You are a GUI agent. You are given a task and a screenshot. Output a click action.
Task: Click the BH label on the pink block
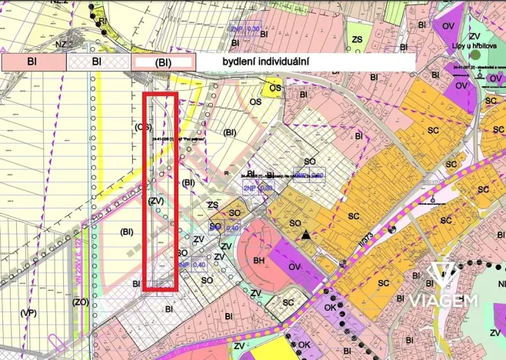coord(259,262)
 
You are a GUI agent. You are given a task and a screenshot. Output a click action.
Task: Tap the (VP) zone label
coord(28,312)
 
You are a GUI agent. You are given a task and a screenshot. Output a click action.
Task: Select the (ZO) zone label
coord(81,302)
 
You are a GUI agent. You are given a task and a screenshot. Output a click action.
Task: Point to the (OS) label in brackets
coord(142,127)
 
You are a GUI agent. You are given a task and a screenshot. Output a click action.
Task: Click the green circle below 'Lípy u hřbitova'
coord(476,55)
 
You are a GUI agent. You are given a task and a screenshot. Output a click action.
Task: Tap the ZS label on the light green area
coord(357,38)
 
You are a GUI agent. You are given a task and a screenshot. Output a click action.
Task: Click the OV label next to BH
coord(295,268)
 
